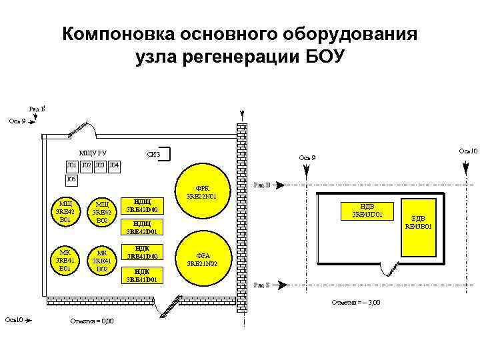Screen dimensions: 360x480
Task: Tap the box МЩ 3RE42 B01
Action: [65, 211]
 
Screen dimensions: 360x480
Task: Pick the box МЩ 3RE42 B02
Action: [102, 211]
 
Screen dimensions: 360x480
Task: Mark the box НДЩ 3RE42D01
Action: [142, 228]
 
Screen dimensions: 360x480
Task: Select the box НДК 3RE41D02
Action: [142, 253]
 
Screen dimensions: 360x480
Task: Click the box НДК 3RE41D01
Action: [142, 275]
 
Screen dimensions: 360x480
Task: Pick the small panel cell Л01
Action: [71, 165]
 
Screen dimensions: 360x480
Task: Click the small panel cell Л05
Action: [71, 179]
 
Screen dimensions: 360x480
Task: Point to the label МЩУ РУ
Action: [93, 153]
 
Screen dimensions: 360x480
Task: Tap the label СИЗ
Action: [153, 155]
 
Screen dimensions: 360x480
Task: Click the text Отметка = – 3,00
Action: [356, 303]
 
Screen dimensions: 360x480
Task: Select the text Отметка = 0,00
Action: [91, 321]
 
